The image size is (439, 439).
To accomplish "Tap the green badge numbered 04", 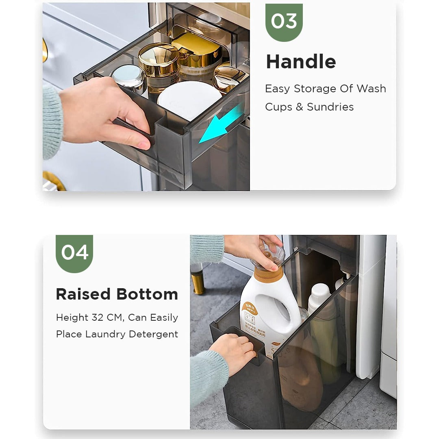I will pos(74,252).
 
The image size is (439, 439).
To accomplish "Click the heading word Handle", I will pos(301,62).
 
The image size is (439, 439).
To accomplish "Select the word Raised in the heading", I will pos(83,294).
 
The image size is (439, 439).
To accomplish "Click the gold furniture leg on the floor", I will pos(198,283).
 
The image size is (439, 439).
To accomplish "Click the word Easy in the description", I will pos(277,89).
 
